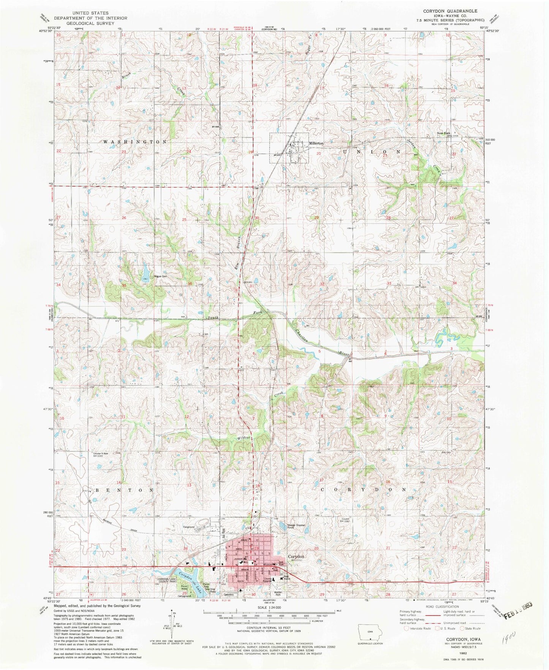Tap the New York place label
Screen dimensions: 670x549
click(443, 133)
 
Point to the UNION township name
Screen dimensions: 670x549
click(372, 151)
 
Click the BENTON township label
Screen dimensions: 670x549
click(124, 490)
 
